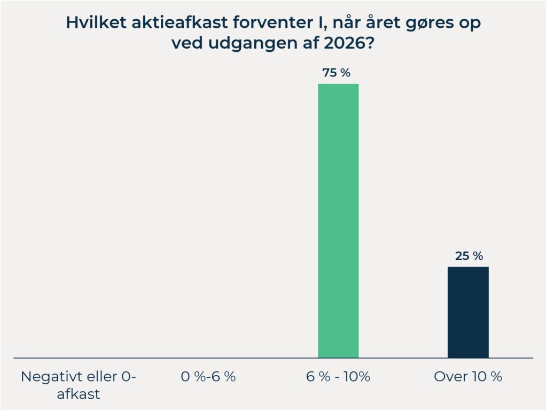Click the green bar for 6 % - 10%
(x=338, y=220)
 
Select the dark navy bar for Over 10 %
(x=468, y=312)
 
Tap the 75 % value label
(x=337, y=73)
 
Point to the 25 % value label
(x=468, y=256)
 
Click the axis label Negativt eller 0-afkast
(x=79, y=385)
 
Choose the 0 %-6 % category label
(x=208, y=376)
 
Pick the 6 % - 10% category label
(x=338, y=376)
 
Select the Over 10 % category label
(x=468, y=376)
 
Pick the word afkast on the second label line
(x=79, y=395)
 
